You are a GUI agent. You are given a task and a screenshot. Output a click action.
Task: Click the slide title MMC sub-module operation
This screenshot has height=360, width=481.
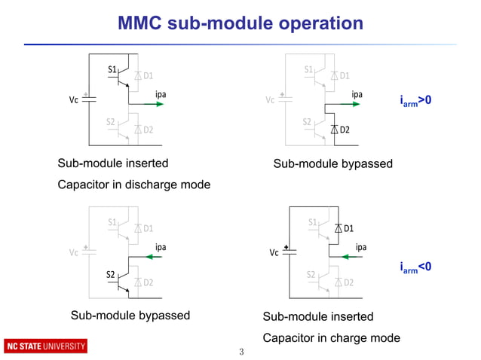click(240, 23)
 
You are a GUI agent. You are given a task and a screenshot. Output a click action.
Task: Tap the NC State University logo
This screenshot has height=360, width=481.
click(46, 346)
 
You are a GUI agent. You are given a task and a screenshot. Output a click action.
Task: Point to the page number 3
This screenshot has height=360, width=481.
click(240, 352)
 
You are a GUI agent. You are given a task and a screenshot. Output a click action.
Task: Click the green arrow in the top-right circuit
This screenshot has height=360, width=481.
click(356, 106)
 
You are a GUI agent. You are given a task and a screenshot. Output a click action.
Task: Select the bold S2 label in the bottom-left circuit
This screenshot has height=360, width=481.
click(111, 273)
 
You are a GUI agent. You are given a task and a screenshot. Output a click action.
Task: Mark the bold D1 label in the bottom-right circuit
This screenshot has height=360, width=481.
click(349, 228)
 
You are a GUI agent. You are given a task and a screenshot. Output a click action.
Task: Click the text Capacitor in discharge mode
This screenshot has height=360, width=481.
click(134, 185)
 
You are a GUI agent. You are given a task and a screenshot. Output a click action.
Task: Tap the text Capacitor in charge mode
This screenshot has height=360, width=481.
click(331, 338)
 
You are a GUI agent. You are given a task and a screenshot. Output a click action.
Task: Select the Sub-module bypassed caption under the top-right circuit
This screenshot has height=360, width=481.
click(332, 164)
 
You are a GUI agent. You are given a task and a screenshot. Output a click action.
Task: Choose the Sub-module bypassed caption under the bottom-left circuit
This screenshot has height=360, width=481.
click(130, 316)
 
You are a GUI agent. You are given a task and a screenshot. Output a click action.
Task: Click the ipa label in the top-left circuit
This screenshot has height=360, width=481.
click(161, 94)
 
